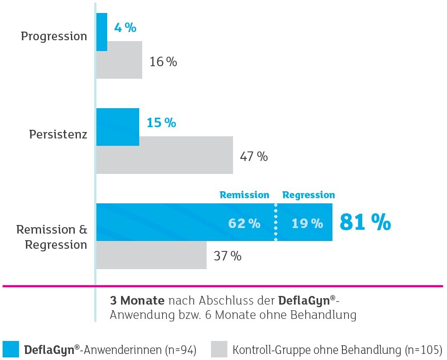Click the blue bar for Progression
point(102,32)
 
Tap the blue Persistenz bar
point(118,127)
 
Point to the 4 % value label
point(125,28)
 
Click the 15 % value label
point(161,123)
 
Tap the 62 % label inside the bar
point(244,223)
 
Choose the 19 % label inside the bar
point(307,223)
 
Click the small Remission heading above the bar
point(244,195)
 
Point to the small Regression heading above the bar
point(309,195)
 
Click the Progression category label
point(54,36)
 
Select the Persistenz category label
point(58,134)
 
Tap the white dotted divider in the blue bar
point(275,222)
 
